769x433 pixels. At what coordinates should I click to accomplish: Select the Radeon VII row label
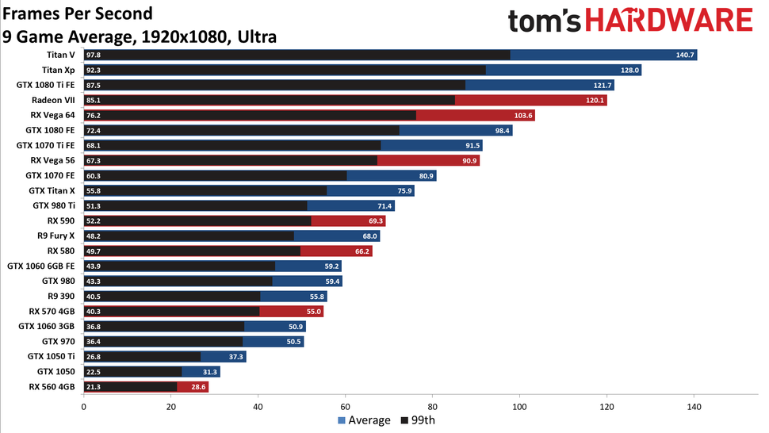(x=53, y=100)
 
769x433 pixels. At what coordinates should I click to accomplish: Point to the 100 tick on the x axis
(x=519, y=408)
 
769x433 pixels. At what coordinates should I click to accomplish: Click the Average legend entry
(x=365, y=420)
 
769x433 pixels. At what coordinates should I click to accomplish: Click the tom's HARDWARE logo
(x=629, y=21)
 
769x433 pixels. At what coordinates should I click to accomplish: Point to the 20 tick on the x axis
(x=171, y=408)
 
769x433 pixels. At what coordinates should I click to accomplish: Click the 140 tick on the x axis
(x=694, y=408)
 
